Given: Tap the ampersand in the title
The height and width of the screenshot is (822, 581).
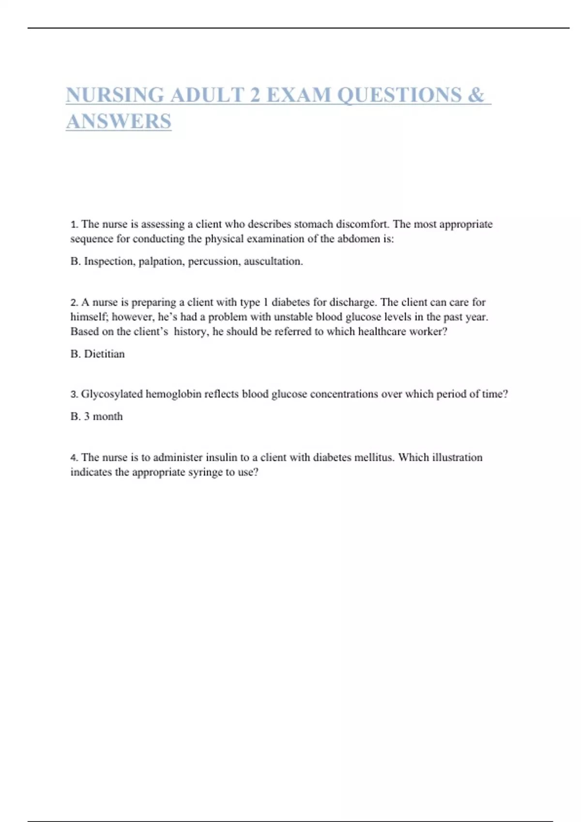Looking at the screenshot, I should point(476,95).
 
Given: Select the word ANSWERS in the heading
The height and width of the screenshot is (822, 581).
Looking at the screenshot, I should point(119,121).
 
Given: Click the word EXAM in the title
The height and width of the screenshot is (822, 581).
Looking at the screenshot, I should point(299,95).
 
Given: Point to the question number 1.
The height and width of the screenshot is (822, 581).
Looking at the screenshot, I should point(74,224).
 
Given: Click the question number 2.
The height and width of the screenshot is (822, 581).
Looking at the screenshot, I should point(74,303).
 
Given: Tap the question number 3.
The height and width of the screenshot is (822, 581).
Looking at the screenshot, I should point(74,395).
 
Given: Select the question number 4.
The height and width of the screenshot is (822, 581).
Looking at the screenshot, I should point(74,458).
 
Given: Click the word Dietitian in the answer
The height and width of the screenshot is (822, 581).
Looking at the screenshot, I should point(104,354).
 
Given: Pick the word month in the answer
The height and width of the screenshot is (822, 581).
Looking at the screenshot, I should point(107,416).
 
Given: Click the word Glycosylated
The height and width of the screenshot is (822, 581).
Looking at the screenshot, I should point(112,395).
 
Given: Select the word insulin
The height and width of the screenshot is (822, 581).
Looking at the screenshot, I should point(221,457).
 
